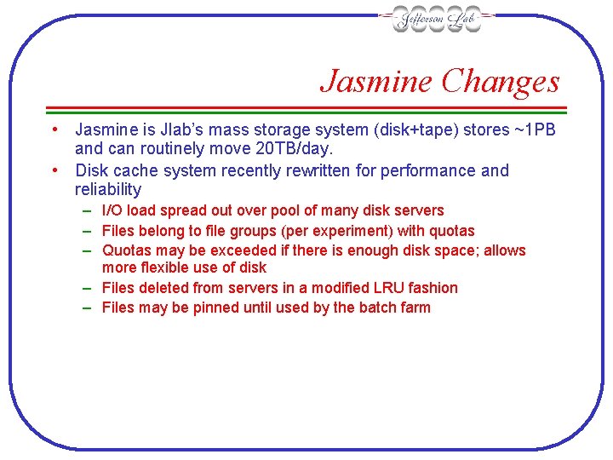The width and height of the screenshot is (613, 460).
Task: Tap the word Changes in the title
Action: click(501, 82)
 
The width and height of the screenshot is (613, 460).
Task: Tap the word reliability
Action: click(108, 190)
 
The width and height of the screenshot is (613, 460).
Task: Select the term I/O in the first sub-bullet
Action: click(112, 210)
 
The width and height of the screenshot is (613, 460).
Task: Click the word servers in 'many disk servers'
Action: click(417, 210)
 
